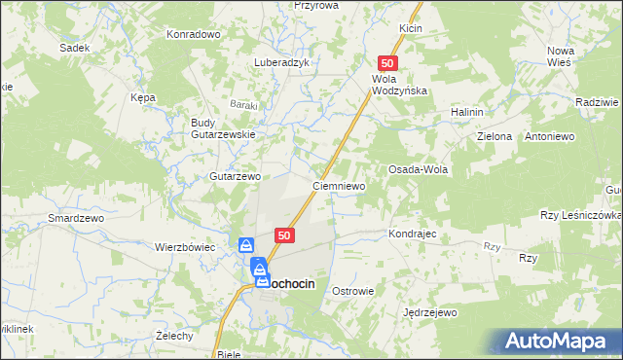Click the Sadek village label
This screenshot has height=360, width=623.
point(74,47)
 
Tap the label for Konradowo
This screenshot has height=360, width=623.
point(194,33)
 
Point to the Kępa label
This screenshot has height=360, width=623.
point(143,97)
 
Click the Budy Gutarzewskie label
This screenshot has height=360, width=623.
point(223,128)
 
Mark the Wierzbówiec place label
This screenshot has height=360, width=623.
point(185,247)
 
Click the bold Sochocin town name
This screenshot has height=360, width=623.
point(291,282)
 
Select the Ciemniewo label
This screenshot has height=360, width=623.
point(338,185)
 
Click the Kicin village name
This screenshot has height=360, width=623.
point(410,29)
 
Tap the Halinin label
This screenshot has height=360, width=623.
point(467,113)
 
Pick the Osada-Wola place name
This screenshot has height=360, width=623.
point(418,169)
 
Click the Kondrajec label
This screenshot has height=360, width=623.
point(416,234)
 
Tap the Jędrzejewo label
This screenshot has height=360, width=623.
point(429,313)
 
